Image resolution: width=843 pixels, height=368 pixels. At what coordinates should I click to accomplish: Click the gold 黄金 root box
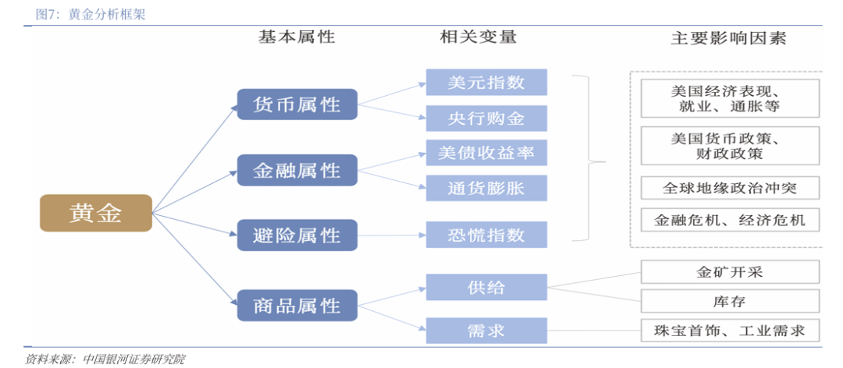coord(95,213)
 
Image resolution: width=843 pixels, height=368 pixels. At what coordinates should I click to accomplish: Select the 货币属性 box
coord(297,104)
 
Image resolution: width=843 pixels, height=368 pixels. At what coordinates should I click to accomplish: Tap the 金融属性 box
coord(297,169)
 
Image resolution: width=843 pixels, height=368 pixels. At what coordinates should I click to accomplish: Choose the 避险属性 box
coord(297,235)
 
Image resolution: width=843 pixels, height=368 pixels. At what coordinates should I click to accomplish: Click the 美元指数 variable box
coord(486,82)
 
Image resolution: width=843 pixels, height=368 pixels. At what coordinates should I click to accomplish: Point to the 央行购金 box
coord(486,118)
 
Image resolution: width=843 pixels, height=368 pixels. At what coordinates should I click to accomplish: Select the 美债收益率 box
coord(486,153)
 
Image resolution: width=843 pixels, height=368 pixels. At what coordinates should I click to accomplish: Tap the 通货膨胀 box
coord(486,188)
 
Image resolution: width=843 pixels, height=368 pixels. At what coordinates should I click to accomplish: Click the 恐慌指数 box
coord(486,235)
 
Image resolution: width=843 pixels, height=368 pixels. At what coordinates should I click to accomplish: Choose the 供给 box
coord(486,287)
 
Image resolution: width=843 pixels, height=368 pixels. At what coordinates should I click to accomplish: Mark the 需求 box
coord(486,330)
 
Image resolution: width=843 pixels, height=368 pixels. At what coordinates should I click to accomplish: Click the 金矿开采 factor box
coord(729,272)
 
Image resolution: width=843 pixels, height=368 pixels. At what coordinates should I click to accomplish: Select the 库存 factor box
coord(729,300)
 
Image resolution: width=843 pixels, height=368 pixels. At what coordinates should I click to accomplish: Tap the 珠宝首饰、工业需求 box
coord(729,330)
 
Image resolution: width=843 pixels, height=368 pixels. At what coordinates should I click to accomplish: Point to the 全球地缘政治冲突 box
coord(729,188)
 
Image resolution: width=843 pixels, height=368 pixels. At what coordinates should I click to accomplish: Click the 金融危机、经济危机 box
coord(729,219)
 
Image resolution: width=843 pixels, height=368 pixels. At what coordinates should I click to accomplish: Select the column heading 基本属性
coord(297,37)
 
